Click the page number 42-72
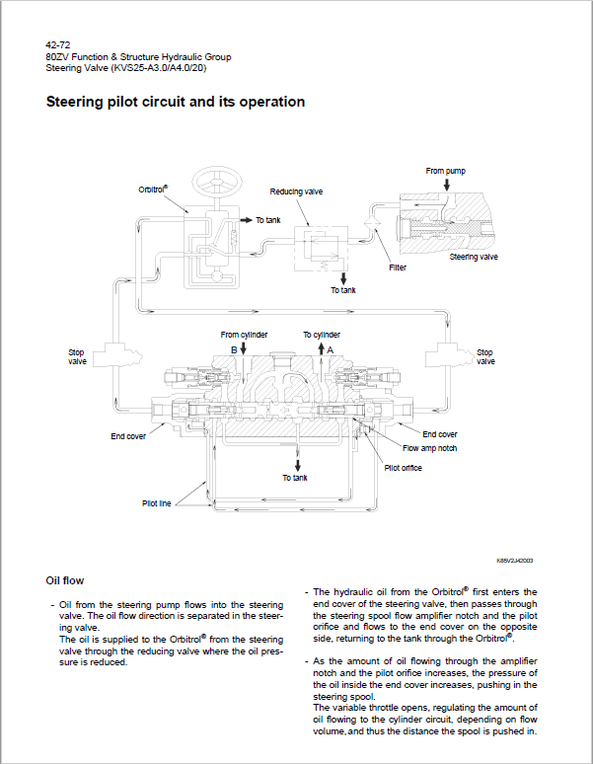58,45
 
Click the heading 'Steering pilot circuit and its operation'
176,102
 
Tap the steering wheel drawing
217,183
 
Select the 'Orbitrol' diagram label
153,190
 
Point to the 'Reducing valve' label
296,191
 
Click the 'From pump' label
445,171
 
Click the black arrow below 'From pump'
446,185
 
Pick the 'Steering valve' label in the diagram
474,257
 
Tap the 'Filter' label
398,267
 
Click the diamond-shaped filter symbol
372,223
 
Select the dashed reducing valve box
321,249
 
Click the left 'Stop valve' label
77,356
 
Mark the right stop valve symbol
449,354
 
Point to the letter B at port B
234,349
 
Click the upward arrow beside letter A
321,348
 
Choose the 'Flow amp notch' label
429,448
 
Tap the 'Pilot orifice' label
404,468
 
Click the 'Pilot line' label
156,503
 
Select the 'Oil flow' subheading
65,580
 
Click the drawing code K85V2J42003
515,561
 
